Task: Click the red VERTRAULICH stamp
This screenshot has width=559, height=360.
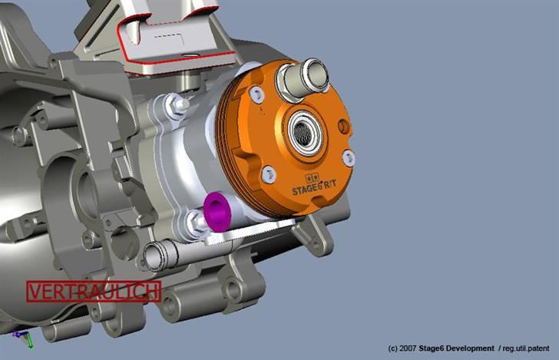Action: (x=93, y=292)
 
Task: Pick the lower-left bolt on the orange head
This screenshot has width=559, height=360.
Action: (x=268, y=175)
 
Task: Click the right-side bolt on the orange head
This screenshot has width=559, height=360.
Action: (x=349, y=157)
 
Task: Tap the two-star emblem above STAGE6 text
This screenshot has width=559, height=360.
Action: (x=301, y=176)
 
